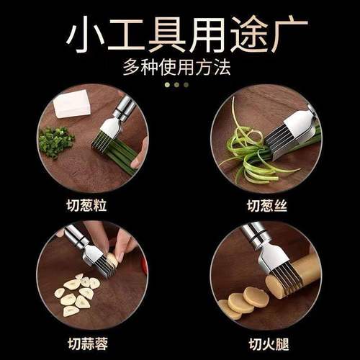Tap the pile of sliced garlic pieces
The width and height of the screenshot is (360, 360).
(x=76, y=292)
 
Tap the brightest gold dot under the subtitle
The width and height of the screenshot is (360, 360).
(x=167, y=84)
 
